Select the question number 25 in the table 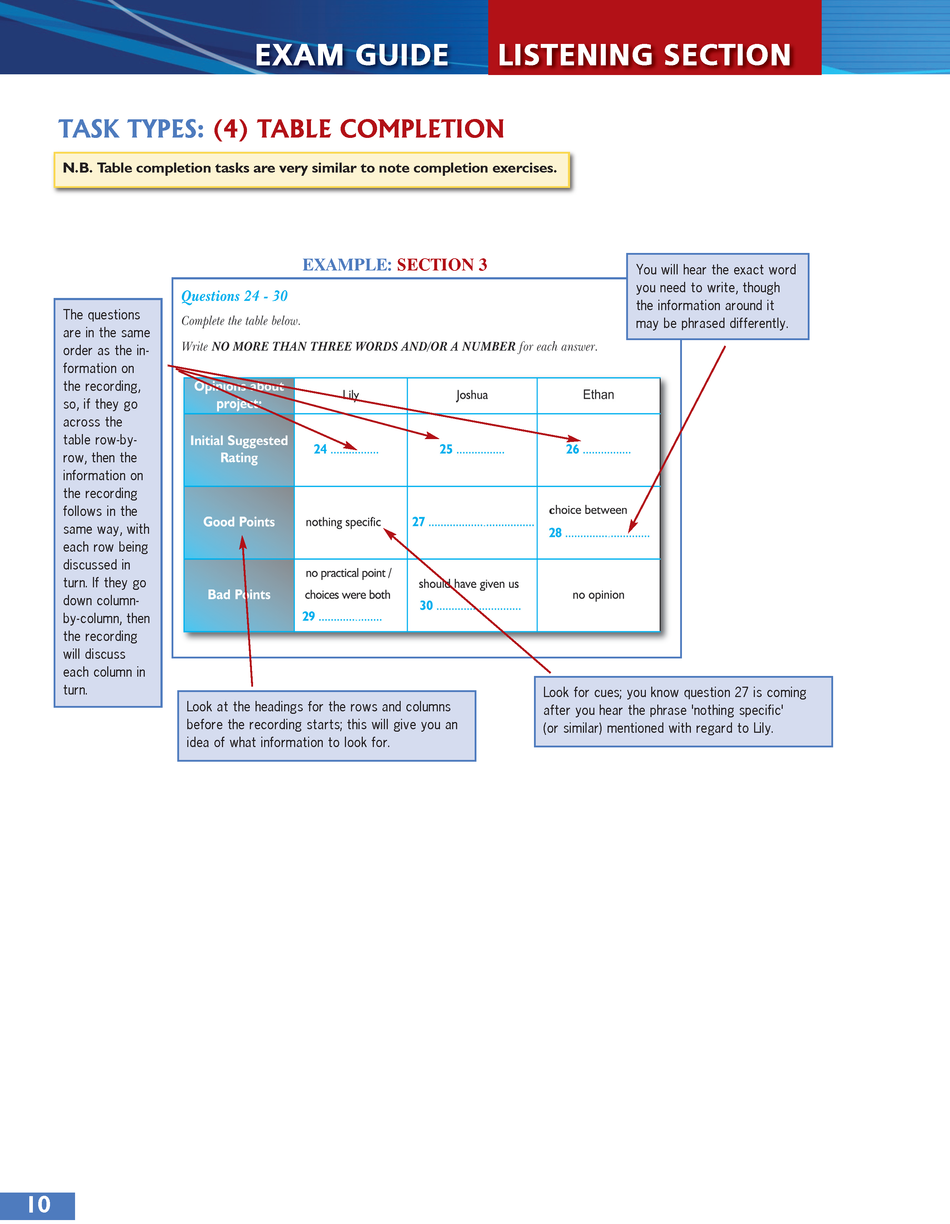[446, 449]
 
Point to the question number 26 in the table [572, 449]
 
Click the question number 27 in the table [419, 522]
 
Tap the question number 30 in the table [426, 605]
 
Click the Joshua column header [472, 395]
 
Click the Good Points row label [239, 522]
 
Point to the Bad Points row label [239, 594]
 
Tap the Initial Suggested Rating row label [239, 449]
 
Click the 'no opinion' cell [598, 594]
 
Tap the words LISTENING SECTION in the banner [644, 55]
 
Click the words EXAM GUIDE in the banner [352, 55]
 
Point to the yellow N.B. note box [312, 169]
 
